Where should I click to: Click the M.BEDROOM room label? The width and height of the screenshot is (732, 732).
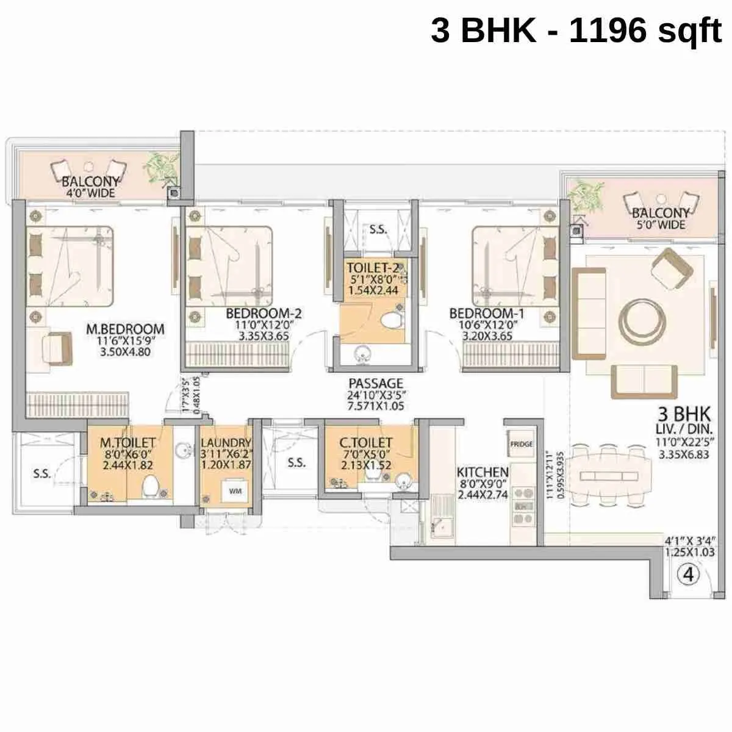(x=126, y=329)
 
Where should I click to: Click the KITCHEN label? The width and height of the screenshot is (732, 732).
(x=483, y=472)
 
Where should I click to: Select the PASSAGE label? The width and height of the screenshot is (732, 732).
(x=376, y=384)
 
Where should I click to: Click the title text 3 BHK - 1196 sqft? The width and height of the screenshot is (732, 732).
(x=576, y=30)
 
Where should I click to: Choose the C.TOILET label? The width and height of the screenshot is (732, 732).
(x=366, y=442)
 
